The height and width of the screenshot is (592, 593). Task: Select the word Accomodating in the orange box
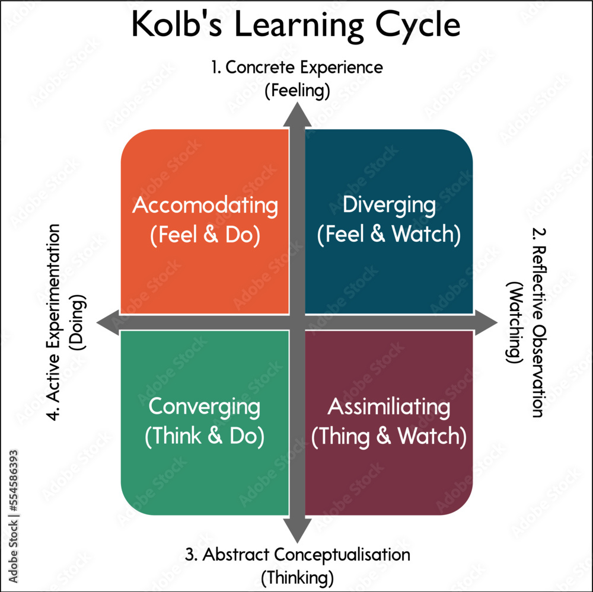[205, 206]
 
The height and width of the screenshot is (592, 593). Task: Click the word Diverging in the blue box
[389, 206]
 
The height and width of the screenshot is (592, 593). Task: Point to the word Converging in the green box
[204, 407]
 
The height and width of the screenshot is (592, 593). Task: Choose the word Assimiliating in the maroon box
[389, 407]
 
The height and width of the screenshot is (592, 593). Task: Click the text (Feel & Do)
[205, 235]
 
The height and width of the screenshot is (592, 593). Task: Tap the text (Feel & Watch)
[389, 235]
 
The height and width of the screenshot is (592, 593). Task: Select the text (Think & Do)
[204, 437]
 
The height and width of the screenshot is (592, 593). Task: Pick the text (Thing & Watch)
[389, 437]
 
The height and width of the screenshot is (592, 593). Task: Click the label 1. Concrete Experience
[297, 68]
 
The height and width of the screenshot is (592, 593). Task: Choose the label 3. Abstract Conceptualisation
[297, 555]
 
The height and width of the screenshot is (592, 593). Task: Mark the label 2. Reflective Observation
[537, 323]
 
